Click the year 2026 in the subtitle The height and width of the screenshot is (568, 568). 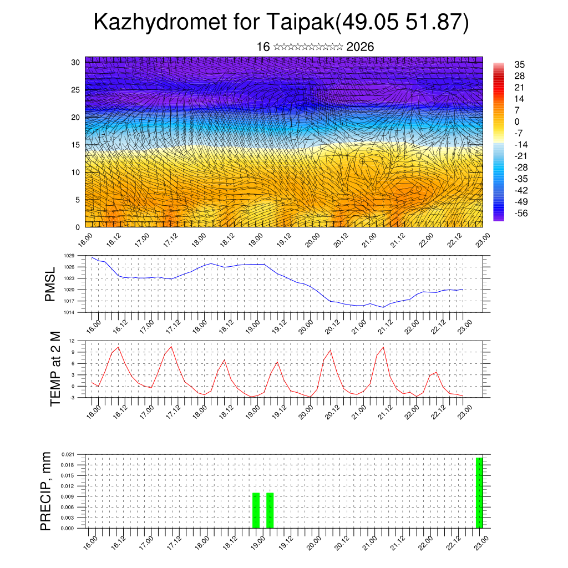360,47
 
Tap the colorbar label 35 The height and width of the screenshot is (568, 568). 519,65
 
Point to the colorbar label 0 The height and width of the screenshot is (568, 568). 517,122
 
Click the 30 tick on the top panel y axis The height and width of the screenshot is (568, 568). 75,62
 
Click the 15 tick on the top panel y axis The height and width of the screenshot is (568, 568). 75,145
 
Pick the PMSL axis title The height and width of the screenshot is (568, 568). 51,284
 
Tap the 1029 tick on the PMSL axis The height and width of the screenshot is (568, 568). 69,256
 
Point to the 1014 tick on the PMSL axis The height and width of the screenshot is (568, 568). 69,312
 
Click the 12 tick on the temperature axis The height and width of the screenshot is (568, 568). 72,341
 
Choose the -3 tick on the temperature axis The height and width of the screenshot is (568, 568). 72,397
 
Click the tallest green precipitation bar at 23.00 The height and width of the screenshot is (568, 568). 479,493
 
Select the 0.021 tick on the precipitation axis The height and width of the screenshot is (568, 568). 68,454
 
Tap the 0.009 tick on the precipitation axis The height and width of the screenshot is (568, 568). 68,496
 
